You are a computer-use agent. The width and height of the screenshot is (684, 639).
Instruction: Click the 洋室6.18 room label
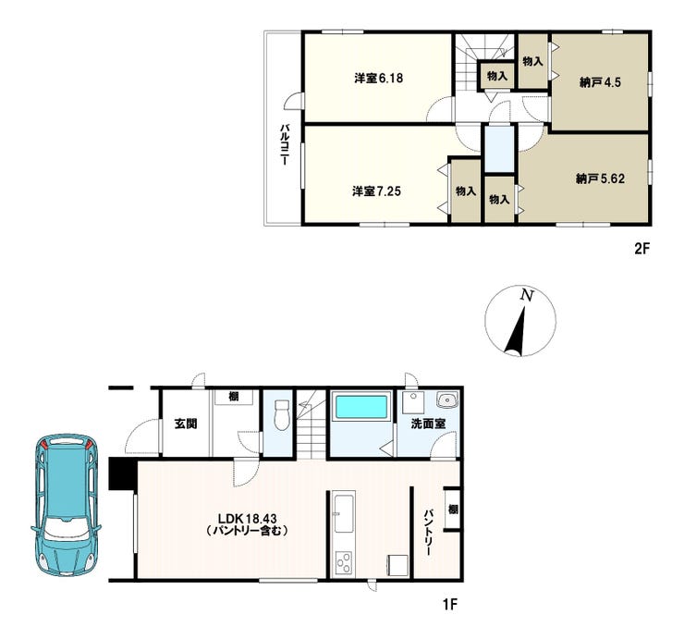pyautogui.click(x=378, y=79)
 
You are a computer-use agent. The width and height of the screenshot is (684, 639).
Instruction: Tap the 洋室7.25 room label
pyautogui.click(x=376, y=191)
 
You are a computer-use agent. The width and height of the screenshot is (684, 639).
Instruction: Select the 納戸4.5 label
pyautogui.click(x=600, y=82)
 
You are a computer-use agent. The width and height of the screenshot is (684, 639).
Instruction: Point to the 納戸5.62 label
pyautogui.click(x=600, y=178)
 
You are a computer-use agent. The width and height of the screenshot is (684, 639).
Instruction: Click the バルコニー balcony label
pyautogui.click(x=284, y=145)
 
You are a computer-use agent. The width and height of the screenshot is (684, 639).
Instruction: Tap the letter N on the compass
pyautogui.click(x=527, y=296)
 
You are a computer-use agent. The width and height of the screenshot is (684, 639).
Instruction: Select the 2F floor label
pyautogui.click(x=642, y=249)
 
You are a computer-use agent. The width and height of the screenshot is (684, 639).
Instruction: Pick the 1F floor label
pyautogui.click(x=450, y=605)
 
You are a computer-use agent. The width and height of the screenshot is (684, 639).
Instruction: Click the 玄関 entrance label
pyautogui.click(x=186, y=424)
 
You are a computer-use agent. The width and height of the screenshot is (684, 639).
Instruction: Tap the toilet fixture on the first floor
pyautogui.click(x=282, y=414)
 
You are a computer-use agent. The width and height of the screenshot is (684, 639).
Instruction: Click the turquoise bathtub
pyautogui.click(x=360, y=407)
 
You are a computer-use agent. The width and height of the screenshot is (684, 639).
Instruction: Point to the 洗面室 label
pyautogui.click(x=428, y=424)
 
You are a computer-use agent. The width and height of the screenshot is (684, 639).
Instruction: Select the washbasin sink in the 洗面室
pyautogui.click(x=446, y=399)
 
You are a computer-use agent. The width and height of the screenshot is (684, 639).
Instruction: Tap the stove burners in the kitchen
pyautogui.click(x=344, y=562)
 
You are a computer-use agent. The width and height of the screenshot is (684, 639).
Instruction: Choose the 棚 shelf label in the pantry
pyautogui.click(x=453, y=510)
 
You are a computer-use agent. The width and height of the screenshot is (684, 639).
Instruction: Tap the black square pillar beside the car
pyautogui.click(x=123, y=473)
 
